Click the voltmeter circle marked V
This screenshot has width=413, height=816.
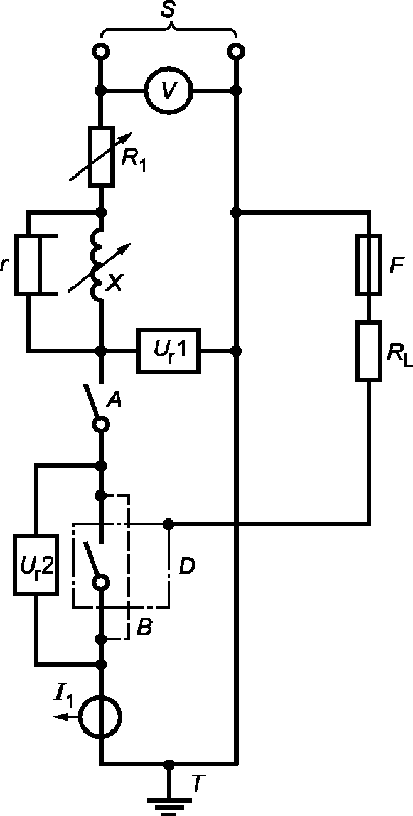click(169, 90)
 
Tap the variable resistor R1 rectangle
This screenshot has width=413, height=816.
click(101, 157)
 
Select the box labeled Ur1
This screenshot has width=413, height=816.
click(169, 351)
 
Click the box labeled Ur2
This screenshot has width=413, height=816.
click(36, 565)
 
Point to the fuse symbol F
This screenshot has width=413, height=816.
click(368, 264)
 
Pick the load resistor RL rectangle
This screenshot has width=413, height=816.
click(368, 351)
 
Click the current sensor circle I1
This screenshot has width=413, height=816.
click(100, 717)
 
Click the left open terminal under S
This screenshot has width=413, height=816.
click(100, 51)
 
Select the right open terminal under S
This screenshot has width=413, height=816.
click(236, 51)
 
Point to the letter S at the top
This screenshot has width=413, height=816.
click(168, 9)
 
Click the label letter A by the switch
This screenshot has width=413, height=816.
click(114, 400)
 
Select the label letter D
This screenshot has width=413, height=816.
click(187, 566)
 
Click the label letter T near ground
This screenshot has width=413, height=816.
click(198, 783)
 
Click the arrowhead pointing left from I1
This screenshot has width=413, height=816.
click(60, 717)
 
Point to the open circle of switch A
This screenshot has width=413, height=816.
click(101, 424)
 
